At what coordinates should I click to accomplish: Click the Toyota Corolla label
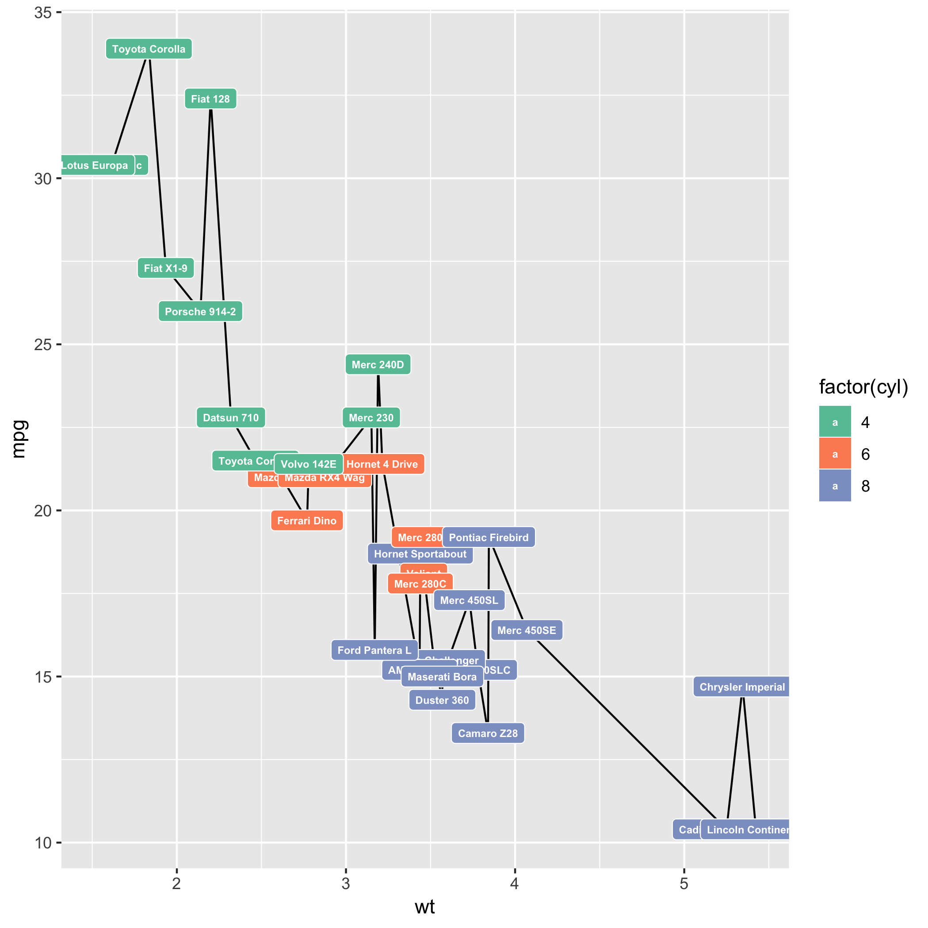pos(149,49)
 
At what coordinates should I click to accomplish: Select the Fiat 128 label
pos(210,99)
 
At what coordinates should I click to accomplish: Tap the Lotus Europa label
pos(95,165)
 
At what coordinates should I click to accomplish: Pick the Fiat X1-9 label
pos(166,268)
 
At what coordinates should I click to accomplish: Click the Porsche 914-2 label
pos(200,312)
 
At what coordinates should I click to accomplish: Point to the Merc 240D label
pos(378,365)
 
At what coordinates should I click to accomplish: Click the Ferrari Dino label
pos(306,521)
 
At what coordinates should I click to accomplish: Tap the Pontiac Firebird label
pos(489,538)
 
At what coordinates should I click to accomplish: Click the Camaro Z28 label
pos(488,733)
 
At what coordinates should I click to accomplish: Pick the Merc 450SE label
pos(527,630)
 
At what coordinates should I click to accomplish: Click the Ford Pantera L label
pos(374,650)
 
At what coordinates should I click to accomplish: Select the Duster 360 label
pos(442,700)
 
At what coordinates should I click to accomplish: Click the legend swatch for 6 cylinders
pos(835,454)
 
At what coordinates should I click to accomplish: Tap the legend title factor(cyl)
pos(863,387)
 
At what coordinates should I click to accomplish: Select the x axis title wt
pos(424,907)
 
